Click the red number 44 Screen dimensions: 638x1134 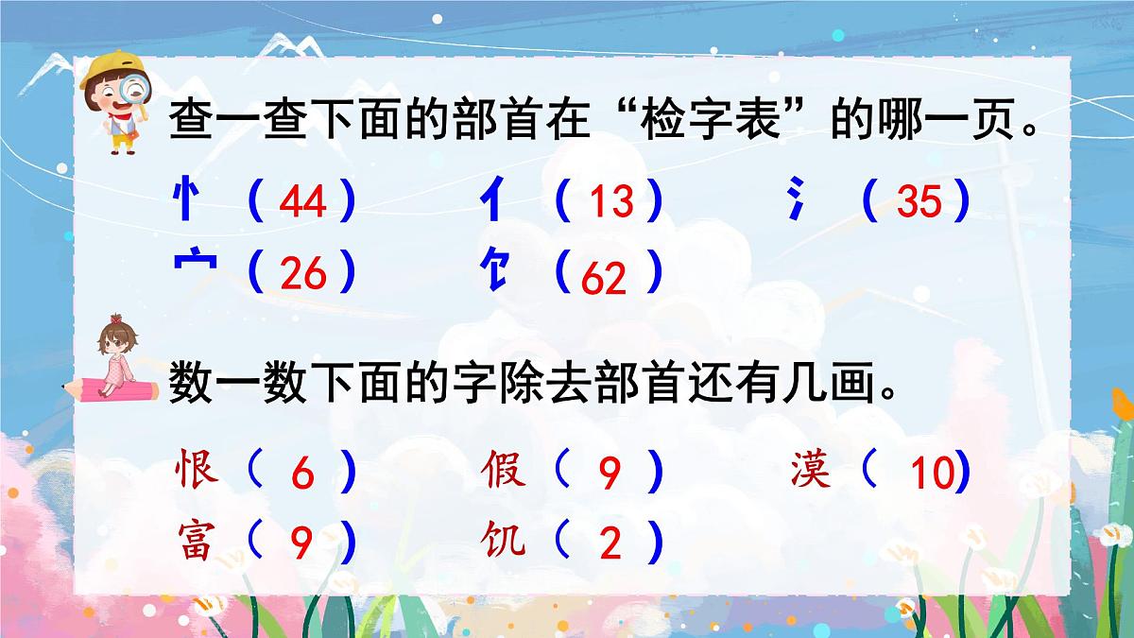click(x=303, y=201)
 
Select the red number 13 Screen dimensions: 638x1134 click(x=611, y=201)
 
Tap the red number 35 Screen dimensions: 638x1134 click(x=919, y=201)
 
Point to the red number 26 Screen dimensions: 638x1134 click(x=303, y=274)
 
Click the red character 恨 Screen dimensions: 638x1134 click(x=198, y=468)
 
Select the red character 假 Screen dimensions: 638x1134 click(x=503, y=468)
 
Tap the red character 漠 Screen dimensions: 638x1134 click(x=811, y=468)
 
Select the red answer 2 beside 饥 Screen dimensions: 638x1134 click(x=610, y=545)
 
